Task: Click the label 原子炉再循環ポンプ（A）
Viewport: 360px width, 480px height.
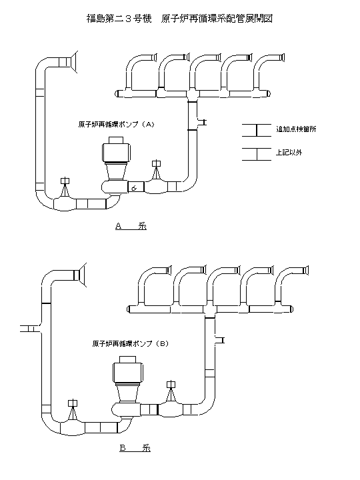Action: (116, 124)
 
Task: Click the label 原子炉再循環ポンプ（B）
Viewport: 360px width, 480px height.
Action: (131, 344)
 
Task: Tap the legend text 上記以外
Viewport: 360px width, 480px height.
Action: (289, 153)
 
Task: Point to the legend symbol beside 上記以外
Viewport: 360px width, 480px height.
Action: (257, 153)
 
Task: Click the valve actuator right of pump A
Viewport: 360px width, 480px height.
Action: (157, 163)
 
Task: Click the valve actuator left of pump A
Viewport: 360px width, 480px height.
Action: (65, 181)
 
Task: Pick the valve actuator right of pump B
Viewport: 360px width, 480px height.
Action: (171, 385)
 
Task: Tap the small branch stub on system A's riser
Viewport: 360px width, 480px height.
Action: (201, 122)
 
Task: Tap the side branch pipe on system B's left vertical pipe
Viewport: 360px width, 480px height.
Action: (31, 328)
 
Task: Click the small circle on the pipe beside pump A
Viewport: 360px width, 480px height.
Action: (133, 188)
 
